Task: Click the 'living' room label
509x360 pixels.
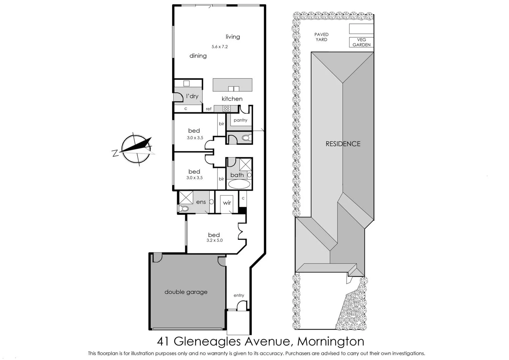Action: [233, 37]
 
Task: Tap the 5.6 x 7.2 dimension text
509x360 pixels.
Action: [220, 47]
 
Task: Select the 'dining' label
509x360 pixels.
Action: [198, 56]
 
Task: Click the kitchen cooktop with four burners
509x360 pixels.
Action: [227, 108]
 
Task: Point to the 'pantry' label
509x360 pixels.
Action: [240, 120]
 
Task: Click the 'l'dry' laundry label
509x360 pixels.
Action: [192, 96]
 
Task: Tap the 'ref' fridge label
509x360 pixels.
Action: [209, 109]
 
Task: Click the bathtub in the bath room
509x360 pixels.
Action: [239, 184]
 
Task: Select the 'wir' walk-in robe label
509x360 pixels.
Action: [227, 203]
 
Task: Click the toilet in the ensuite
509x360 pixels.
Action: [184, 209]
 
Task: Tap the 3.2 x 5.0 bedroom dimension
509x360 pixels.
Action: [214, 240]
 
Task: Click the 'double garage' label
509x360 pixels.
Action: [186, 292]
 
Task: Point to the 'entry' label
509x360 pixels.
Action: [239, 295]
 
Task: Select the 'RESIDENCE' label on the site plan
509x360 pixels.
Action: [343, 144]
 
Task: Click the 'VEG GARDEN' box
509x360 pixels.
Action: [361, 42]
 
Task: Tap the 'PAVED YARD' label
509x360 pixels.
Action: [321, 37]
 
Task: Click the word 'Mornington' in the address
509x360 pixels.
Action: [330, 341]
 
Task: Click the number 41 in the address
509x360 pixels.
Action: [163, 341]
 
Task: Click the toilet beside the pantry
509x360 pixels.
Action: [246, 138]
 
